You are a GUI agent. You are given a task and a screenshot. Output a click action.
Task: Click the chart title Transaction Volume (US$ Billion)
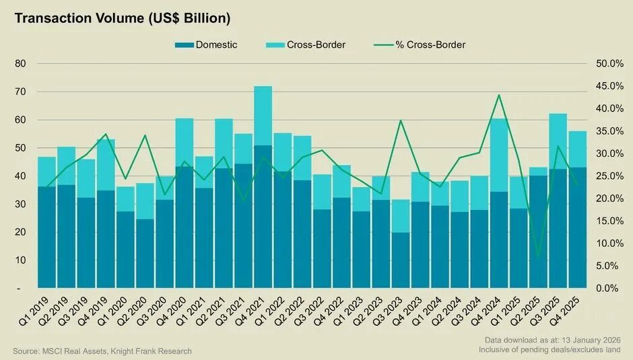122,18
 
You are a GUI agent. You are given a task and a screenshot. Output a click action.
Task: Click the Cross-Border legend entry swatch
275,45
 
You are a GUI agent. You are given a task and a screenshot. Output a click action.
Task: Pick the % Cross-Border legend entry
430,45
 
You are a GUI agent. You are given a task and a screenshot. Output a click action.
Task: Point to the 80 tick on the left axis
20,64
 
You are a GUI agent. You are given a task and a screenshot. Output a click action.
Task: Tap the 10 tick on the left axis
20,260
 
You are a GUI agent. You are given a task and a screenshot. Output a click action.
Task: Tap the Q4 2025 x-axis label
567,311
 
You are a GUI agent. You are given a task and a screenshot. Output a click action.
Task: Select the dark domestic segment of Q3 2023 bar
401,260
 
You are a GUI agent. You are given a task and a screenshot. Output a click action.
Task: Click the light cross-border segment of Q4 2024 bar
499,155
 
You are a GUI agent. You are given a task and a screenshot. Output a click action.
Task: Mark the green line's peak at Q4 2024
499,95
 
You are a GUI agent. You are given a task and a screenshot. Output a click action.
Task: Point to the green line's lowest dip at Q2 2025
538,256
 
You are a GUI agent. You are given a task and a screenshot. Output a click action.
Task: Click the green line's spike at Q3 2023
401,120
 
